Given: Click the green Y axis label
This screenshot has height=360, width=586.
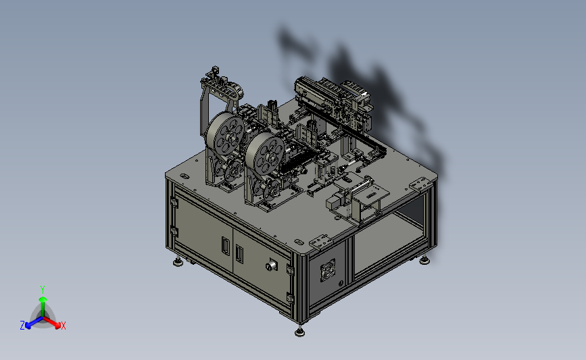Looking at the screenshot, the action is pyautogui.click(x=42, y=290).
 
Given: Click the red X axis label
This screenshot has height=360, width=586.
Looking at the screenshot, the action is pyautogui.click(x=63, y=326).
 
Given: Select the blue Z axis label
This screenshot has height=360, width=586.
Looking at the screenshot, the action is pyautogui.click(x=22, y=326).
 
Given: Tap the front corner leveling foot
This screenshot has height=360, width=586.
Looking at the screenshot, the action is pyautogui.click(x=299, y=332).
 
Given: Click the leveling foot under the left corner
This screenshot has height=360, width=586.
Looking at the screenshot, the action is pyautogui.click(x=178, y=262).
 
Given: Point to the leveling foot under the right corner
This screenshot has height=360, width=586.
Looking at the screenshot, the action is pyautogui.click(x=424, y=260).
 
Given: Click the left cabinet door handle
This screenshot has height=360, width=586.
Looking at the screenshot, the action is pyautogui.click(x=225, y=246).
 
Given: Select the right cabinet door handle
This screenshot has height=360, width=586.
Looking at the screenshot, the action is pyautogui.click(x=239, y=253).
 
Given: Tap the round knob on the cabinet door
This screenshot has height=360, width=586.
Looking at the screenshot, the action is pyautogui.click(x=271, y=266).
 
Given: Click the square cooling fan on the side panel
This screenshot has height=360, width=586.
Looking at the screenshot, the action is pyautogui.click(x=328, y=270).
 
